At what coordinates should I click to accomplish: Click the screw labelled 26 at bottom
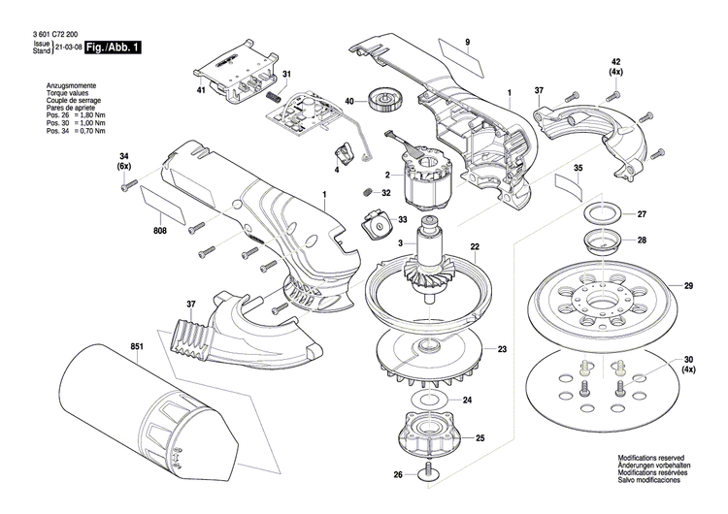(426, 473)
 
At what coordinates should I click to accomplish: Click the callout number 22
(476, 246)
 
